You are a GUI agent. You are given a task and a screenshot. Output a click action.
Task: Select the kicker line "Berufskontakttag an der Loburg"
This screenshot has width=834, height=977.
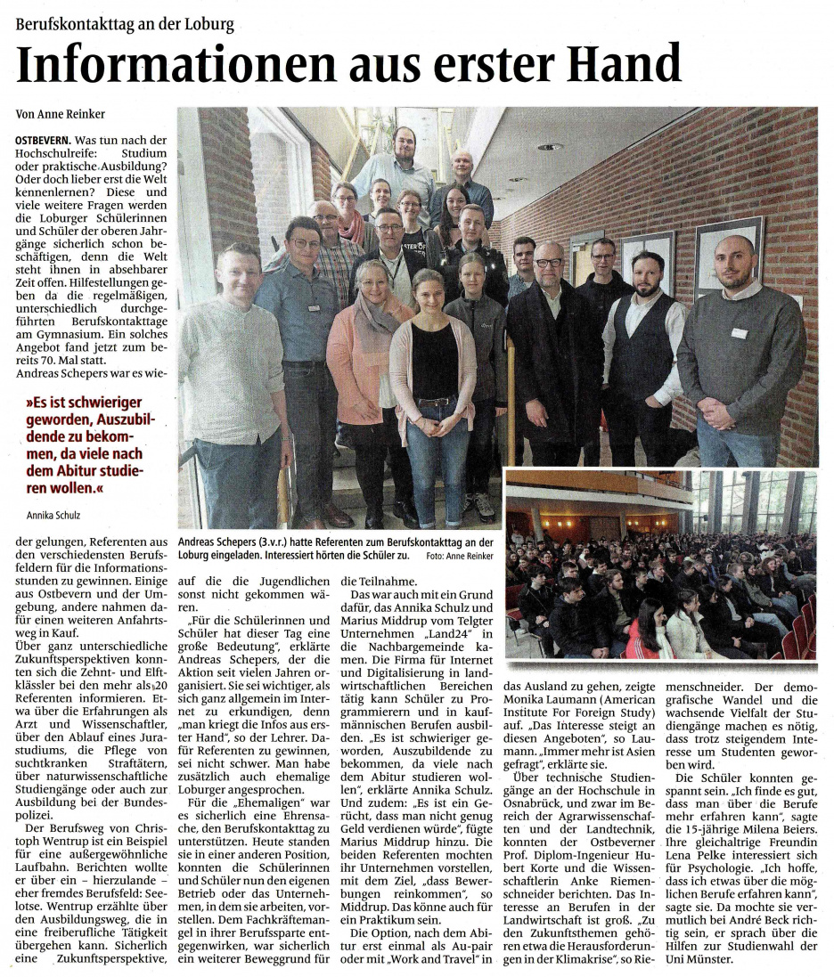click(125, 23)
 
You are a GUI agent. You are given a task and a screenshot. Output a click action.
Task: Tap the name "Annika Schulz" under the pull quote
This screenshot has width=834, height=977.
click(53, 515)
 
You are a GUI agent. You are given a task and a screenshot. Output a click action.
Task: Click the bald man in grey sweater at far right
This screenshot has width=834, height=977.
click(740, 347)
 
